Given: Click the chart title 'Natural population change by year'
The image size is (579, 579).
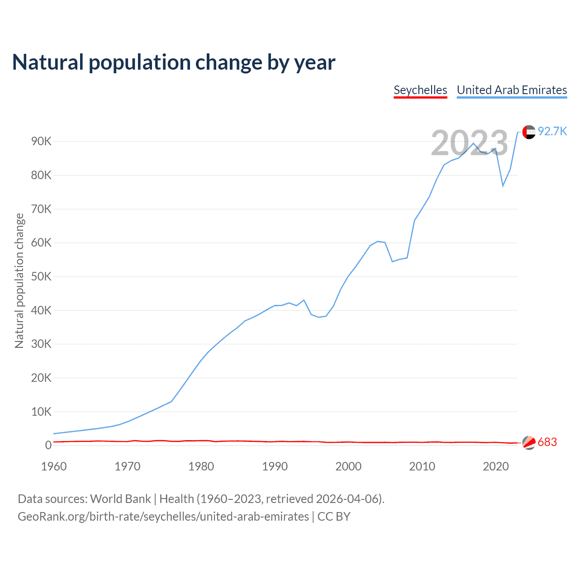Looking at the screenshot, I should [x=174, y=62].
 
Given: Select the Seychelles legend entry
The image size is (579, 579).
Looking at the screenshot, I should [x=420, y=90].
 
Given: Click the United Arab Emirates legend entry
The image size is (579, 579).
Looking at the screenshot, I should [x=512, y=90].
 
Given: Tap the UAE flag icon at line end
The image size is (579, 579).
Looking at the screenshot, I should [x=529, y=132].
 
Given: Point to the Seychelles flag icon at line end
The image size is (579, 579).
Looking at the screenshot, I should [x=529, y=443].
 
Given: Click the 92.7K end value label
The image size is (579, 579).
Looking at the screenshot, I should [x=552, y=132].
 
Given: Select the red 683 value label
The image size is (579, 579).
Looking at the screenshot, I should [x=547, y=442].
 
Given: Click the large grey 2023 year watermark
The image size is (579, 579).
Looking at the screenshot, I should [x=470, y=143].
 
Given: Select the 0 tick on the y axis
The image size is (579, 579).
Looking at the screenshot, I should [x=48, y=446].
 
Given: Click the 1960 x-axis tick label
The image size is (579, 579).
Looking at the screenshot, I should [x=54, y=467].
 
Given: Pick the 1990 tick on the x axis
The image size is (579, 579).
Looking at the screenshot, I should [x=275, y=467].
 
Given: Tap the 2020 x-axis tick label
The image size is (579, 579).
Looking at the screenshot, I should [x=496, y=467].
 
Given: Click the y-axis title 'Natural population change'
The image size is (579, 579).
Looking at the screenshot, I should [x=19, y=281].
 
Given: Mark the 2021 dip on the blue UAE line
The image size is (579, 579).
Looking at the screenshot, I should [x=503, y=185].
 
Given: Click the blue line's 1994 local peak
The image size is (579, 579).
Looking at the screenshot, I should [x=304, y=300].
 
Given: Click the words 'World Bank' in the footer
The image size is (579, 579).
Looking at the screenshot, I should [x=120, y=499].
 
